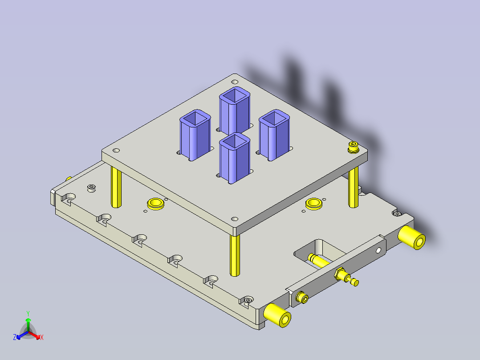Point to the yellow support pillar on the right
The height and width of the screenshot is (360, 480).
point(354,187)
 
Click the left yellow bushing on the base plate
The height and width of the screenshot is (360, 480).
point(156,204)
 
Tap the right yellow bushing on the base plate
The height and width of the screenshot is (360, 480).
point(314,204)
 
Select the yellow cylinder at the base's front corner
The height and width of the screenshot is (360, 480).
point(277,315)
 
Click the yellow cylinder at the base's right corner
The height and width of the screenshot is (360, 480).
point(412,237)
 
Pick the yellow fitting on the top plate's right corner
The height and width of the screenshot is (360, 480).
point(354,147)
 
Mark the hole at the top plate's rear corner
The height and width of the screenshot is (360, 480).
point(235,82)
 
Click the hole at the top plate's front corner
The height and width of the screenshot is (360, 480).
point(234,219)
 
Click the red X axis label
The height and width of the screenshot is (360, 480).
point(42,338)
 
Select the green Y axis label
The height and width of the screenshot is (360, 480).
point(28,313)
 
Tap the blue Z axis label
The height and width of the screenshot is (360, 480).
point(15,338)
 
